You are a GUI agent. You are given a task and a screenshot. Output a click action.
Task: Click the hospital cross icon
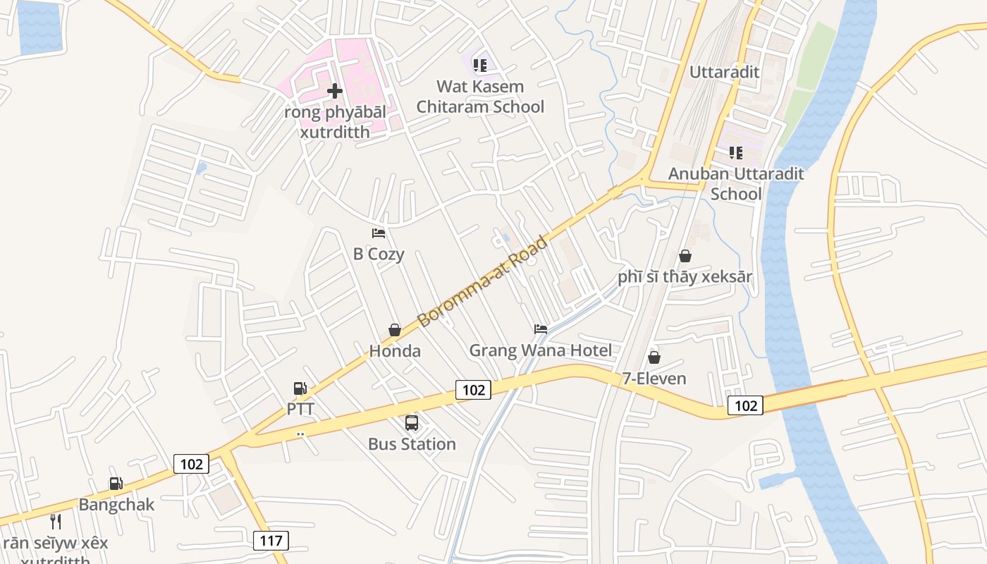coord(335,91)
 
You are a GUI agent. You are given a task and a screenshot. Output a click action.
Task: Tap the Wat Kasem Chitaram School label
coord(480,97)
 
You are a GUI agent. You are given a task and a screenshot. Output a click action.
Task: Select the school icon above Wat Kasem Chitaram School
coord(480,66)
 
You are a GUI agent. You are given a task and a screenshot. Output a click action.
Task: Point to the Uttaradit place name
coord(724,72)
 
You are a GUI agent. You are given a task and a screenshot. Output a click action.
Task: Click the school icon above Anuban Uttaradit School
coord(736,152)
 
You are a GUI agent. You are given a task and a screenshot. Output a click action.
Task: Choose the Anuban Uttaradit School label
coord(736,183)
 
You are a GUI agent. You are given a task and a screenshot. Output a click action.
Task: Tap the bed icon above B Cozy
coord(379,233)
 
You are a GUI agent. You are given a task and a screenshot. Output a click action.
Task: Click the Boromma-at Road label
coord(482,282)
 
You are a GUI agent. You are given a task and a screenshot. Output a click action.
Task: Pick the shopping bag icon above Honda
coord(395,330)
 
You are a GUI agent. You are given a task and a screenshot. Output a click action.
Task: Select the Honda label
coord(395,351)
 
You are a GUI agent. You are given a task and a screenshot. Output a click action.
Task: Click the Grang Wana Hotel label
coord(541,350)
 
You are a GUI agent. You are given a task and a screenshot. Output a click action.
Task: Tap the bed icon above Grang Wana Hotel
coord(541,329)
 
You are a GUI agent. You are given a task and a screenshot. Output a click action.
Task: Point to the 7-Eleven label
coord(654,379)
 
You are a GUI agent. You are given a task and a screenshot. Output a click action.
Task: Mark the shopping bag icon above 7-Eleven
coord(654,357)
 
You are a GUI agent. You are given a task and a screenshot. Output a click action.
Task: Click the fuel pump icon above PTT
coord(300,388)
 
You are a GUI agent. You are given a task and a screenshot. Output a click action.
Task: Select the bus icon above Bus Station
coord(412,423)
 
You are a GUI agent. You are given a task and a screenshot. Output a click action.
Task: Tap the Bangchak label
coord(116,505)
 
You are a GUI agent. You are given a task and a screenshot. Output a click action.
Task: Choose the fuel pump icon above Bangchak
coord(116,484)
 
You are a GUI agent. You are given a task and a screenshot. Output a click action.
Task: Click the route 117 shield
coord(271,541)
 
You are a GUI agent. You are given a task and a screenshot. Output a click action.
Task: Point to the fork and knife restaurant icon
coord(56,522)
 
